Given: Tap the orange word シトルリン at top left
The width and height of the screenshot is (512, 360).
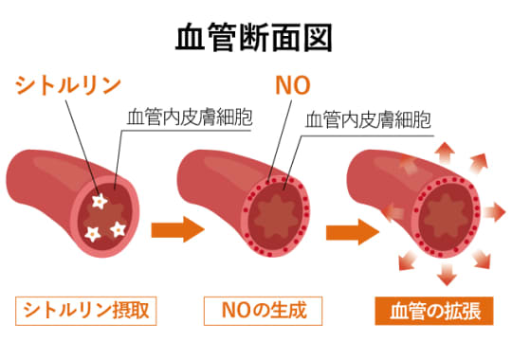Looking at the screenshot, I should tap(67, 85).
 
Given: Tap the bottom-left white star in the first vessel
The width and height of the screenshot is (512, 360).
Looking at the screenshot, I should tap(93, 231).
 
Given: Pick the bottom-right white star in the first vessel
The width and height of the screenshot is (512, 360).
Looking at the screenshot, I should tap(119, 227).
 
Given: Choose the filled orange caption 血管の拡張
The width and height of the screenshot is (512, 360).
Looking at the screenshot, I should tap(433, 311).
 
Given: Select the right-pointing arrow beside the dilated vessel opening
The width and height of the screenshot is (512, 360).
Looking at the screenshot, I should tap(496, 208).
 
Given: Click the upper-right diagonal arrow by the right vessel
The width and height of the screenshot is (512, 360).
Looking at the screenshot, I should tap(484, 168).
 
